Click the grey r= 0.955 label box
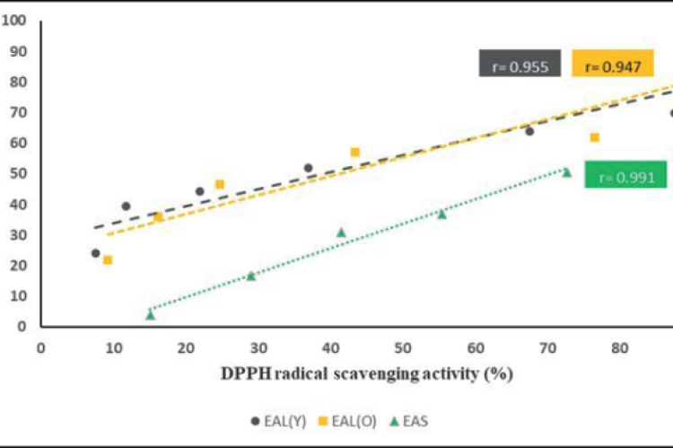click(x=520, y=65)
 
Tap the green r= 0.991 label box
click(x=625, y=175)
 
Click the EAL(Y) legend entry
click(x=274, y=419)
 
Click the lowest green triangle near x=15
click(x=150, y=314)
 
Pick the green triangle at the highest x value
click(x=566, y=172)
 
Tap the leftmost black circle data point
click(x=95, y=253)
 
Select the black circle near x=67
click(x=529, y=131)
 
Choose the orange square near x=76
click(x=594, y=137)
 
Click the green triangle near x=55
click(x=441, y=214)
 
